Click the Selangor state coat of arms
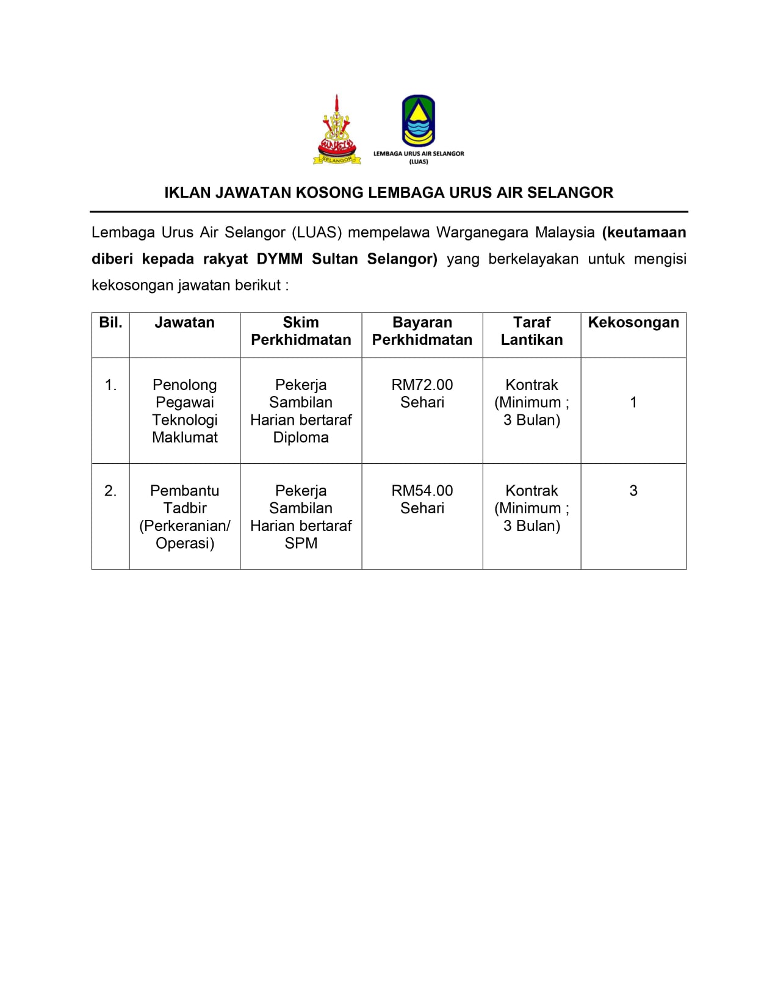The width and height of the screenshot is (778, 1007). click(x=336, y=130)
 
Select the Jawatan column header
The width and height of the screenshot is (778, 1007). click(x=184, y=323)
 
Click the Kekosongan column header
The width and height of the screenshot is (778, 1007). click(x=633, y=323)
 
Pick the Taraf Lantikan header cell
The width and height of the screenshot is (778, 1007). click(x=531, y=331)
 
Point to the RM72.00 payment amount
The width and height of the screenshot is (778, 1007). click(x=422, y=385)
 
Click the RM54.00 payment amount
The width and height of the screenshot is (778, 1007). click(x=422, y=491)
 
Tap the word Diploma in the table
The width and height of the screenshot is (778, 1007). click(x=301, y=438)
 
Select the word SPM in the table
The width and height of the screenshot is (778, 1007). click(x=301, y=543)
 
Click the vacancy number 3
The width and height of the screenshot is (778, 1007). click(x=633, y=491)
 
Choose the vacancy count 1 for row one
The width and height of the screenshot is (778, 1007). click(x=633, y=402)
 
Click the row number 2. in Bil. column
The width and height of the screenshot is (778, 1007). click(x=110, y=491)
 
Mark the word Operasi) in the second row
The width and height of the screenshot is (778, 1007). click(x=185, y=543)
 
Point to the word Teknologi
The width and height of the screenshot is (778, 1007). click(x=185, y=420)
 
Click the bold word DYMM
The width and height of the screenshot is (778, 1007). click(x=279, y=259)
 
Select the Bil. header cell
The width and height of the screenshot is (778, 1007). click(x=110, y=323)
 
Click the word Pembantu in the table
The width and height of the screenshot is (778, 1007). click(x=185, y=491)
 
